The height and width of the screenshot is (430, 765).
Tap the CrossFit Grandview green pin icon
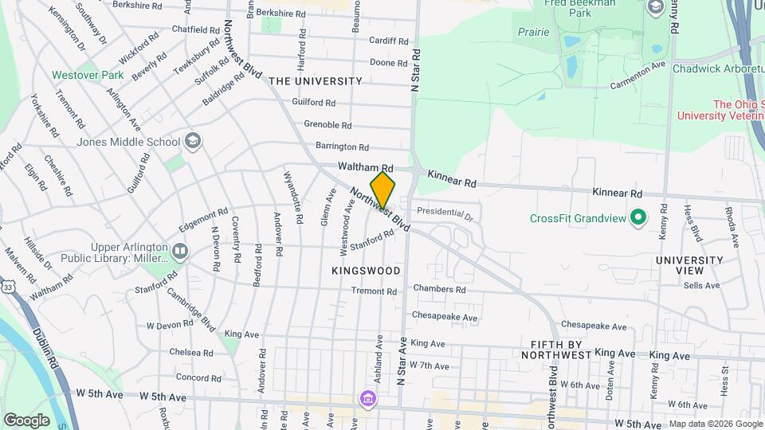[637, 217]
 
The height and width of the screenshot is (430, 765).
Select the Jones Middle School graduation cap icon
[192, 142]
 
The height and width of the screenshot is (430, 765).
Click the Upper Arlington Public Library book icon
[181, 252]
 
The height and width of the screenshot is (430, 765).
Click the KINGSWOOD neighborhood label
[366, 271]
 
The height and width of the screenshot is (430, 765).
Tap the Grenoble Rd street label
[328, 125]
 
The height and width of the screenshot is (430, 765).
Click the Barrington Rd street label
[342, 147]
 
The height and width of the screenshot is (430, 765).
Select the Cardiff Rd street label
[389, 41]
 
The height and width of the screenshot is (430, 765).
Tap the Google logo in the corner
[26, 420]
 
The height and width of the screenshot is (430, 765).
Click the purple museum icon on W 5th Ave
[367, 397]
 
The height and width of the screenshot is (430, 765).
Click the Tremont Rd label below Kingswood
[374, 291]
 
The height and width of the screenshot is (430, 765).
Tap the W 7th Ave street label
[431, 365]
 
